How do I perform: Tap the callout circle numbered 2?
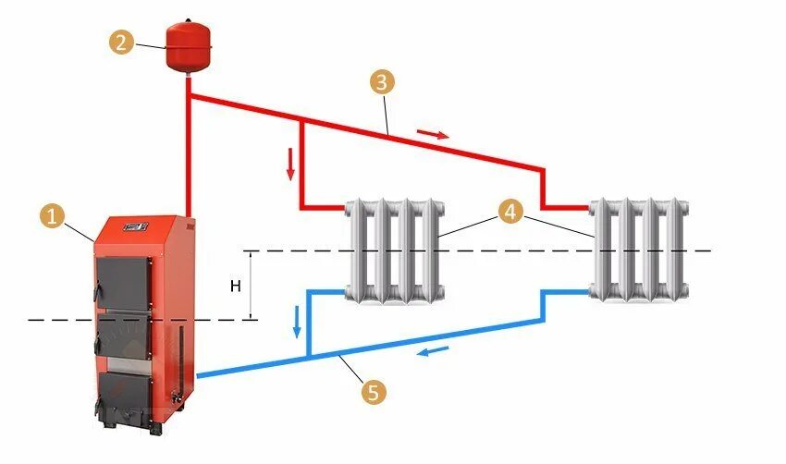pyautogui.click(x=120, y=42)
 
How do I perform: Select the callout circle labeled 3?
pyautogui.click(x=382, y=82)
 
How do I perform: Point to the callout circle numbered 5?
pyautogui.click(x=373, y=393)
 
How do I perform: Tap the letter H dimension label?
pyautogui.click(x=235, y=286)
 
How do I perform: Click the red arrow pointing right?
pyautogui.click(x=432, y=134)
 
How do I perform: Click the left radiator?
pyautogui.click(x=395, y=250)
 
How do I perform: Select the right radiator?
pyautogui.click(x=640, y=248)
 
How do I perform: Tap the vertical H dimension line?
pyautogui.click(x=252, y=286)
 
